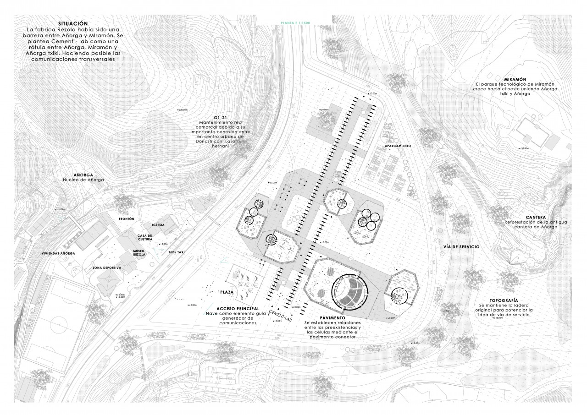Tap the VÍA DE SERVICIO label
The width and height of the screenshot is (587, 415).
coord(461,247)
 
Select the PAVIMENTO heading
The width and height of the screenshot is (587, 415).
coord(333,317)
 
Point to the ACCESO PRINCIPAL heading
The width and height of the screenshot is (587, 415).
coord(231,308)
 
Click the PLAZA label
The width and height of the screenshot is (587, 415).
coord(228,292)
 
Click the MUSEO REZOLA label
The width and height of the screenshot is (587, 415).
coord(139,253)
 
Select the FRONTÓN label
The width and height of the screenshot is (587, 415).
coord(126,219)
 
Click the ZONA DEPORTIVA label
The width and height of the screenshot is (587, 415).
coord(106,268)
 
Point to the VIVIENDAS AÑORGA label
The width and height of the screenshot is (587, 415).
coord(58,253)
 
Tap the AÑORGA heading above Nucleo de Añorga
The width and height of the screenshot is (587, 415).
coord(83,175)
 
